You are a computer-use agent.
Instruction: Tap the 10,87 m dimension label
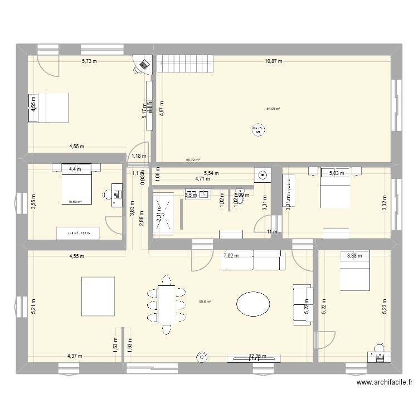(x=274, y=61)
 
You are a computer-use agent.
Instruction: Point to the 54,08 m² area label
(x=274, y=110)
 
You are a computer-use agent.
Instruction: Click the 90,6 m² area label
(x=205, y=303)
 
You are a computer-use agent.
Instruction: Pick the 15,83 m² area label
(x=75, y=202)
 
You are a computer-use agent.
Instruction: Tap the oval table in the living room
(x=253, y=304)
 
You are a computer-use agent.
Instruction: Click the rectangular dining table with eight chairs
(x=166, y=304)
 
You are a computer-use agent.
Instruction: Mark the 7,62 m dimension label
(x=231, y=256)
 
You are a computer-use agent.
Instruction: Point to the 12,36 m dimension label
(x=257, y=356)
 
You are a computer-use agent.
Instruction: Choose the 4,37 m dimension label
(x=75, y=356)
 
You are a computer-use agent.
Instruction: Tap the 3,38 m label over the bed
(x=354, y=256)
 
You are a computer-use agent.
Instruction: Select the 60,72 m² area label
(x=193, y=160)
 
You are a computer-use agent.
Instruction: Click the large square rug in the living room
(x=99, y=296)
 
